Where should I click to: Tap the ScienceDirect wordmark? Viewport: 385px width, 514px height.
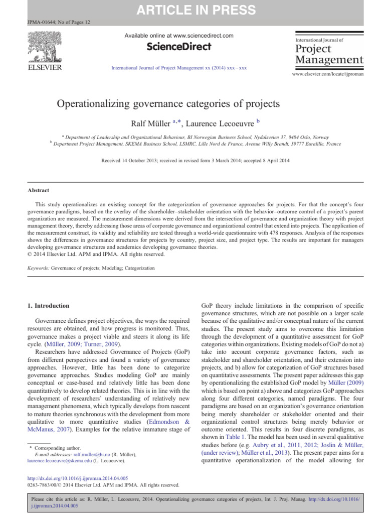[178, 47]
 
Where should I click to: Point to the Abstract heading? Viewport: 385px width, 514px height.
[38, 191]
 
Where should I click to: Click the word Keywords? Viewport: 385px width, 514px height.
[38, 268]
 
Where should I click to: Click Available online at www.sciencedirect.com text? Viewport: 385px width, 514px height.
[178, 35]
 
